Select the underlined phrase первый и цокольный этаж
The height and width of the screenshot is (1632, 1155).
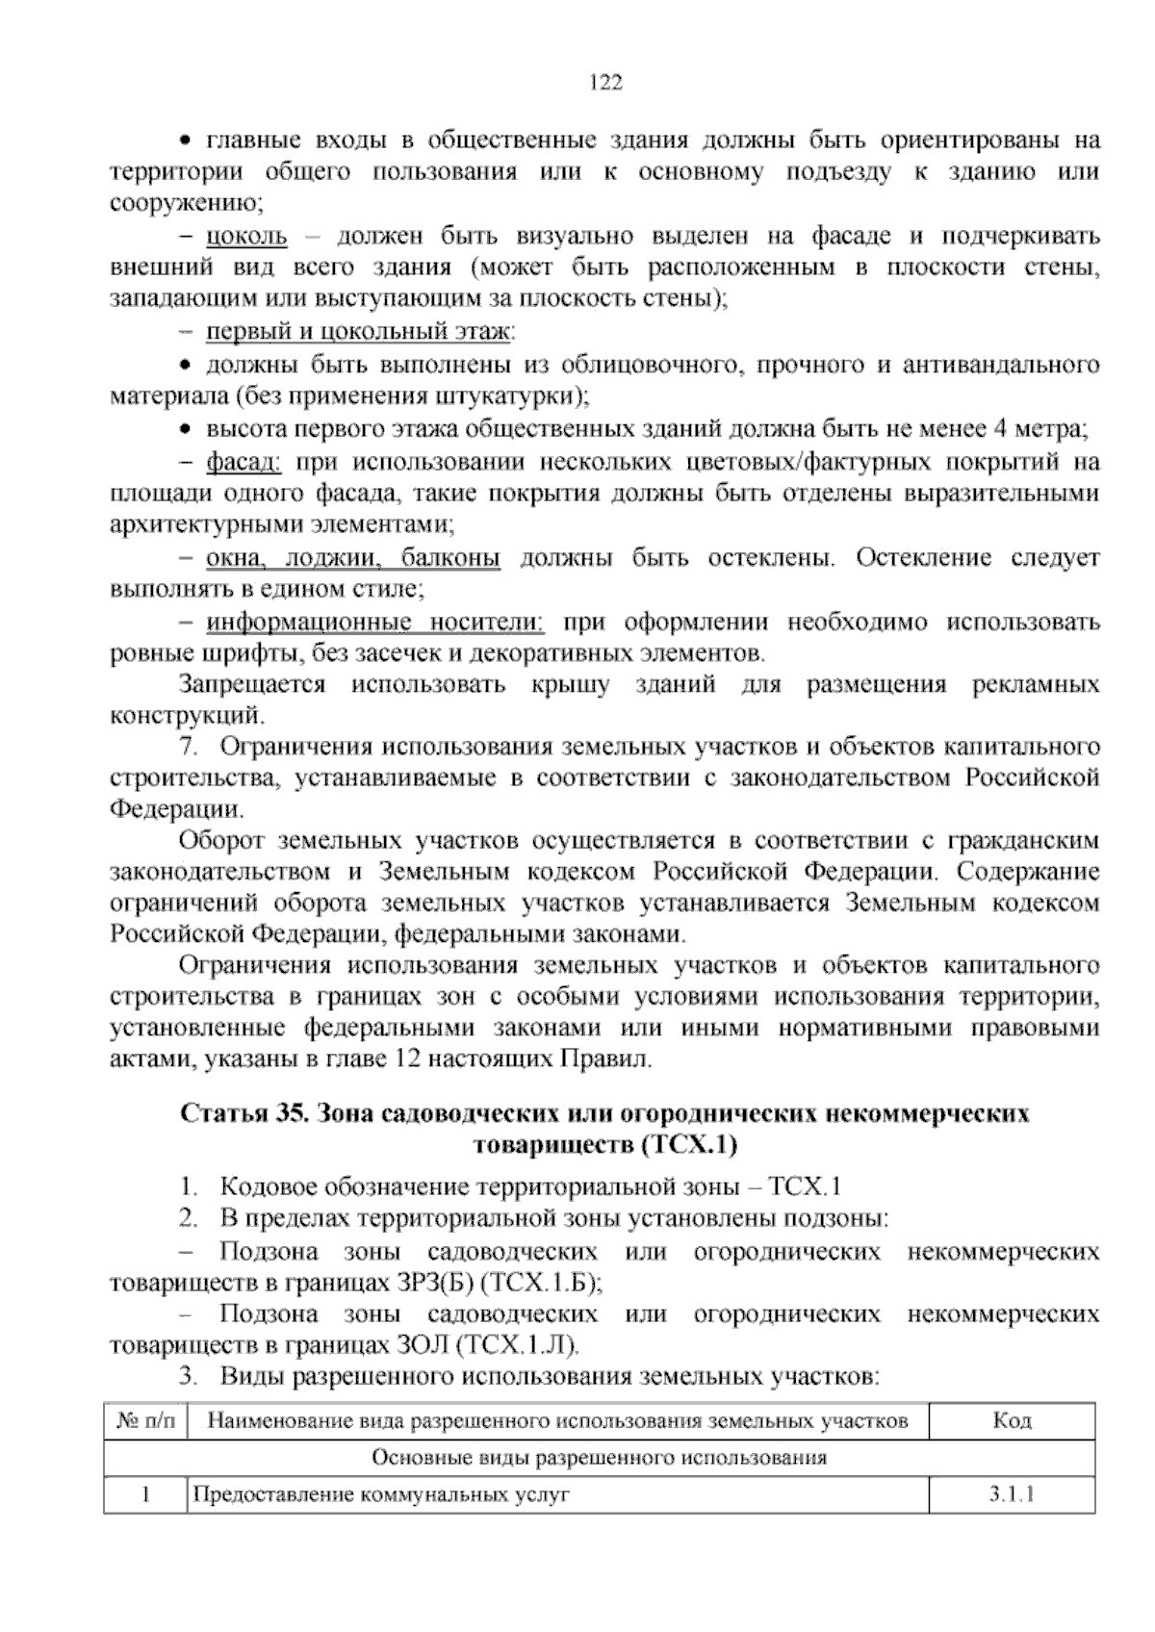coord(359,332)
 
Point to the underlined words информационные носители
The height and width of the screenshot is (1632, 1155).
coord(375,623)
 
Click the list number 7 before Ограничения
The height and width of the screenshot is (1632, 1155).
coord(188,748)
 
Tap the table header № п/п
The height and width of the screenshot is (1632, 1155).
coord(145,1421)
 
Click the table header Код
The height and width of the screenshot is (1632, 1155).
coord(1012,1421)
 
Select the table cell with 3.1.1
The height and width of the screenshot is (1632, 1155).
coord(1012,1495)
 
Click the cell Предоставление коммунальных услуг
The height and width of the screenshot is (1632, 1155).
coord(382,1495)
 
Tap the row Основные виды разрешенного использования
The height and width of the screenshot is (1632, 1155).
coord(599,1458)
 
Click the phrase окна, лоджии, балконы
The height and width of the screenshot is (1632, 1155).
coord(354,558)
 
